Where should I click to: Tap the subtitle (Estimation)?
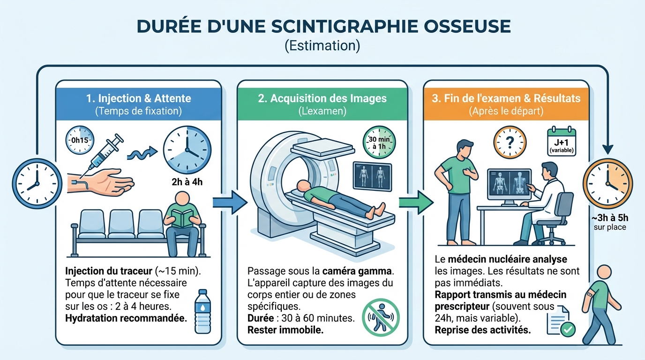tap(322, 46)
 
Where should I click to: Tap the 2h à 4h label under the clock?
tap(187, 181)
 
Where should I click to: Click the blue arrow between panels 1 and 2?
tap(229, 202)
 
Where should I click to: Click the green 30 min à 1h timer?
tap(379, 142)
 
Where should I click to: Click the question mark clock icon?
tap(510, 142)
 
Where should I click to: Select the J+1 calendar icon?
tap(562, 142)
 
